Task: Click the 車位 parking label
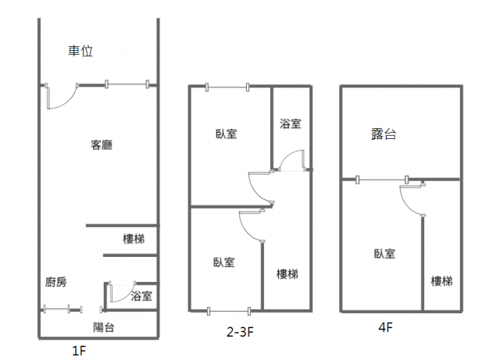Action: [x=80, y=52]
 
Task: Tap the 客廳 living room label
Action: [x=102, y=144]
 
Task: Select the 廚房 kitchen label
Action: [x=57, y=283]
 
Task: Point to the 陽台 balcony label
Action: [x=103, y=327]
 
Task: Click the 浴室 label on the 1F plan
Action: [x=141, y=296]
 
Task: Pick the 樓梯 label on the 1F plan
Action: [x=134, y=239]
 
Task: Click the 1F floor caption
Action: [x=79, y=351]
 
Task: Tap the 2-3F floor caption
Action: [x=240, y=333]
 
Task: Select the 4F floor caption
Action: [x=384, y=328]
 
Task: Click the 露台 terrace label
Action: [x=384, y=134]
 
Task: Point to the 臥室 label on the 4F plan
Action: [x=384, y=253]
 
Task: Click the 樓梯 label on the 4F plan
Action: [x=441, y=281]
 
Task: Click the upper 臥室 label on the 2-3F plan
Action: [x=227, y=134]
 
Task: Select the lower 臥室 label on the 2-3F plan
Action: [x=224, y=262]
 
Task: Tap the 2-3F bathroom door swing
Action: [x=291, y=159]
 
